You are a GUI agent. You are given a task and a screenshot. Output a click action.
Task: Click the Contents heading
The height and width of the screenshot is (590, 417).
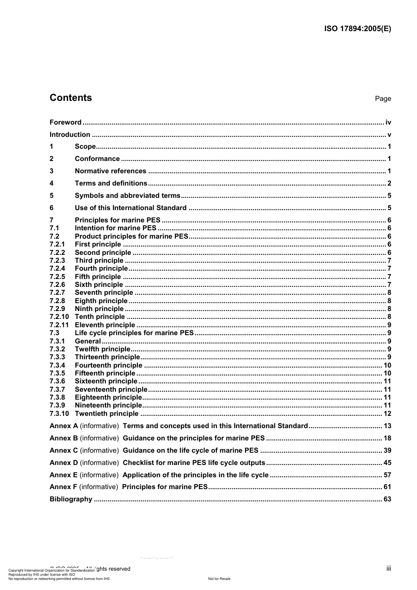tap(71, 98)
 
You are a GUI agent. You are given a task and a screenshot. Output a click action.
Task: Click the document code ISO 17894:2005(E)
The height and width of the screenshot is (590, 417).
tap(357, 29)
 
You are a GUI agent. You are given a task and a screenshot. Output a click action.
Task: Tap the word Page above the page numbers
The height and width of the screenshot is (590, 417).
tap(383, 99)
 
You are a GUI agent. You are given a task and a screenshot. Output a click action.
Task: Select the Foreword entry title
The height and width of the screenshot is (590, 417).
tap(65, 122)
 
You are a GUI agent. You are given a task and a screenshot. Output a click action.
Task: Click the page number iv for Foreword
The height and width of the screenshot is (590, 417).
tap(388, 122)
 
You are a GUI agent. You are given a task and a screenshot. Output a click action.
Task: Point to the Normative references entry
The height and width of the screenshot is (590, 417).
tap(110, 171)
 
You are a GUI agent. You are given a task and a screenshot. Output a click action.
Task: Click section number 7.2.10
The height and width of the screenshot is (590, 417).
tap(59, 317)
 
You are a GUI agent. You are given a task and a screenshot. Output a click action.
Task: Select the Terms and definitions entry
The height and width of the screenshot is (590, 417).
tap(111, 183)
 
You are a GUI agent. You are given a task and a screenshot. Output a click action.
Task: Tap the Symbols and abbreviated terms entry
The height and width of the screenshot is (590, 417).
tap(127, 196)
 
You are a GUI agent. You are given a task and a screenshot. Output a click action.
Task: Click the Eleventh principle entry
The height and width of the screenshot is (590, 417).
tap(105, 325)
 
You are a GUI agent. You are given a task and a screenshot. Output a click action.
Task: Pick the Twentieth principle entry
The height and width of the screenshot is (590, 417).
tap(107, 414)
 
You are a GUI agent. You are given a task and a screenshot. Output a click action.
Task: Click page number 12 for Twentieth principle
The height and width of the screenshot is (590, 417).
tap(387, 414)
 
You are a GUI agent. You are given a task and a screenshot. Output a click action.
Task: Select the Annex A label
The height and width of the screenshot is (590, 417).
tap(64, 426)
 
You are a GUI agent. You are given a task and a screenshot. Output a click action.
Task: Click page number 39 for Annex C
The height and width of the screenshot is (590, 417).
tap(387, 451)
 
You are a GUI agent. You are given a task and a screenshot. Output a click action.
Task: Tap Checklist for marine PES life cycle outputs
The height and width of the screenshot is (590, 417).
tap(194, 463)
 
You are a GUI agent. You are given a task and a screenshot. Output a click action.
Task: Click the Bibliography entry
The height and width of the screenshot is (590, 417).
tap(71, 499)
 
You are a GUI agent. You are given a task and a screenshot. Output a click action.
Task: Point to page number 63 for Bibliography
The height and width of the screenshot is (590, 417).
tap(387, 499)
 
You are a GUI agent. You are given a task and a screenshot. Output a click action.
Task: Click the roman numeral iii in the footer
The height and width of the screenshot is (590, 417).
tap(388, 569)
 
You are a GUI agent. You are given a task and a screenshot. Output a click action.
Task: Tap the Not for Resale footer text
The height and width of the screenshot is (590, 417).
tap(219, 579)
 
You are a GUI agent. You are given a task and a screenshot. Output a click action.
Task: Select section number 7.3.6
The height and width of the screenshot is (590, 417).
tap(57, 381)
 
